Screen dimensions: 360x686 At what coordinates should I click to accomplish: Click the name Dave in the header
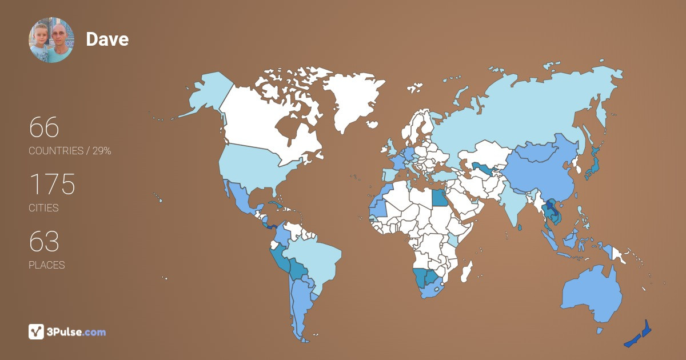(x=107, y=39)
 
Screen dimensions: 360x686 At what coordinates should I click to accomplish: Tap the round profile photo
(x=51, y=40)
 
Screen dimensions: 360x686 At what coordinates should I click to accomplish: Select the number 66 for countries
(x=44, y=127)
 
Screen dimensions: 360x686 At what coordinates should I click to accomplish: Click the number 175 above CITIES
(x=52, y=185)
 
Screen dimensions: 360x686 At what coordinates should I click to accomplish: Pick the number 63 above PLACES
(x=44, y=242)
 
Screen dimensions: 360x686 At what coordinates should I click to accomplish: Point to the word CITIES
(x=43, y=208)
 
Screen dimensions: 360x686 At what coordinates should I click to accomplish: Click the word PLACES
(x=46, y=265)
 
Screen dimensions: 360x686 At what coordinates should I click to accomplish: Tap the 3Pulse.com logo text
(x=77, y=332)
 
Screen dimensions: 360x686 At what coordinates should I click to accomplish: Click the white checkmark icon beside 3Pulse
(x=37, y=332)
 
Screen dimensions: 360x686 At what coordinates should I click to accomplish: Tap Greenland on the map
(x=352, y=100)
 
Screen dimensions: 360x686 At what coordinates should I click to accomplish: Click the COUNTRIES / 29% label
(x=70, y=151)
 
